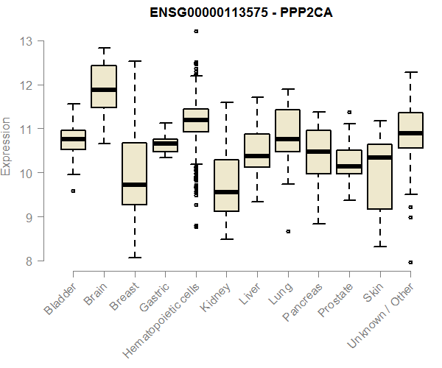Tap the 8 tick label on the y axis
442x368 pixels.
27,261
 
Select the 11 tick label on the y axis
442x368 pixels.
27,130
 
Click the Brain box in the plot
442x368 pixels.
104,86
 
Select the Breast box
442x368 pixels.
134,174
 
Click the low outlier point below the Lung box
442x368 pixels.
288,231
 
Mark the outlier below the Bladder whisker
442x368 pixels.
73,191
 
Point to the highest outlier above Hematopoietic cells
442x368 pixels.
196,31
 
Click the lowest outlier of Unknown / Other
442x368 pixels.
410,262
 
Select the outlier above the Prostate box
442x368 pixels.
349,113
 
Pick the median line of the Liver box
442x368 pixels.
257,156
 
